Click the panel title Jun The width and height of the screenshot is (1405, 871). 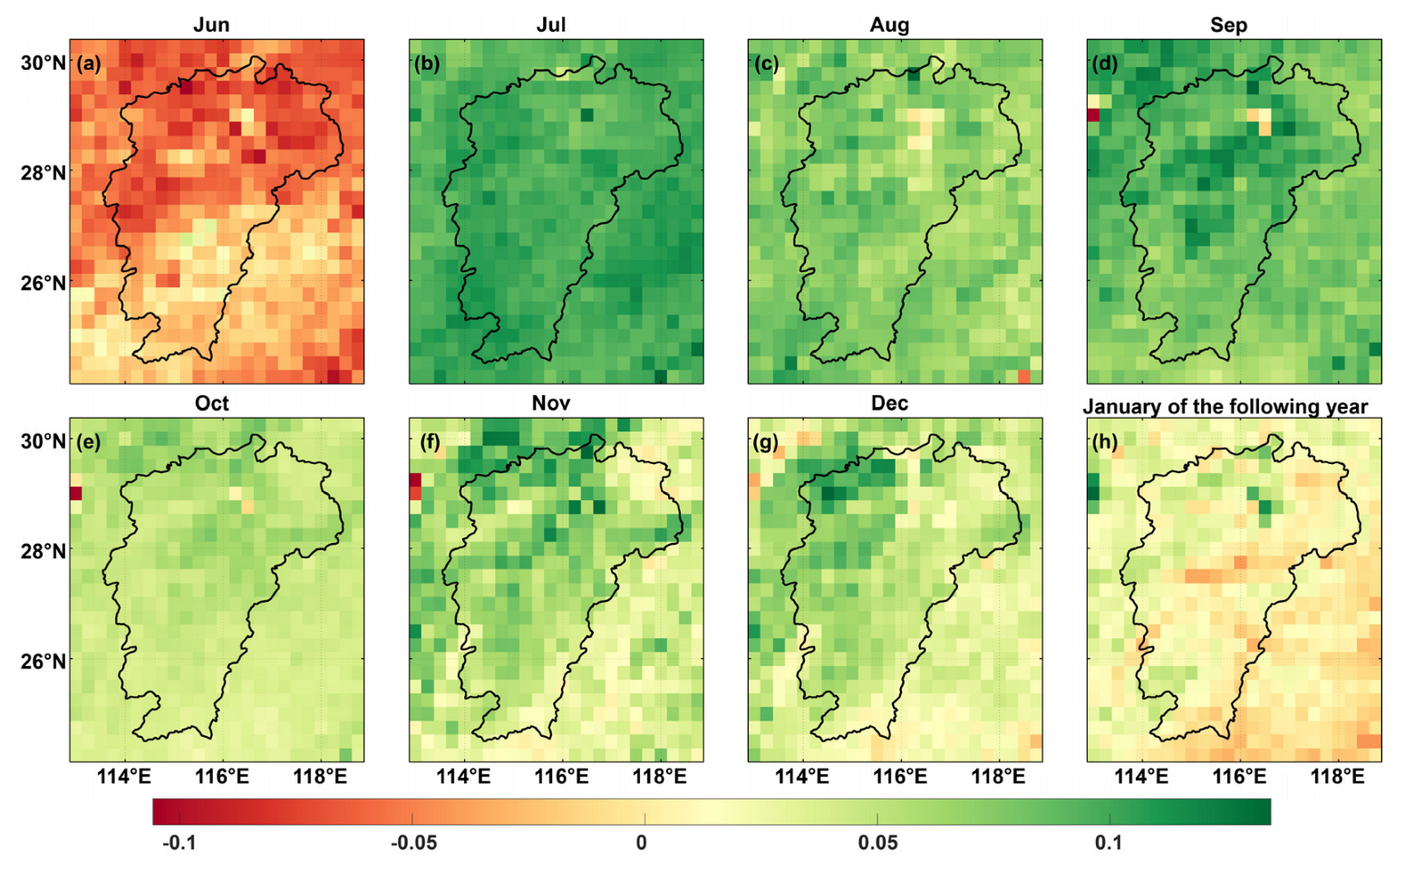coord(211,24)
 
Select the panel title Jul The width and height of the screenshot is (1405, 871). coord(550,24)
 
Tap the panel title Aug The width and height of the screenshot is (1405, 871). coord(889,24)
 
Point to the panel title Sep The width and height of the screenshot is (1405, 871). coord(1228,24)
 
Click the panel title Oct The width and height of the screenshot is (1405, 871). coord(211,403)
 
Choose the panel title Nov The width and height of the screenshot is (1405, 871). coord(550,403)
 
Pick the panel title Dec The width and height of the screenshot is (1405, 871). coord(889,403)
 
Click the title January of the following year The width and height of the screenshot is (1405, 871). coord(1226,406)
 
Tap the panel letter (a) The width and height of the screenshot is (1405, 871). coord(89,63)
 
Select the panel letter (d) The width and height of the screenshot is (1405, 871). coord(1105,63)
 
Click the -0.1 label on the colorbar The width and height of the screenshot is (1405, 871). coord(178,843)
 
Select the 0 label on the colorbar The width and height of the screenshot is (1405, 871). coord(641,843)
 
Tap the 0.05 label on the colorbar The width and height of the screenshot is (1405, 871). coord(877,843)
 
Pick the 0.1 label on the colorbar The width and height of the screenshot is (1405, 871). coord(1108,843)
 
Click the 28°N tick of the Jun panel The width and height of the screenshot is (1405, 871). coord(43,172)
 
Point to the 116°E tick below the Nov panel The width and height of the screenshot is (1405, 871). coord(561,777)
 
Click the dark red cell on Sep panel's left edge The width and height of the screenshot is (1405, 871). coord(1093,115)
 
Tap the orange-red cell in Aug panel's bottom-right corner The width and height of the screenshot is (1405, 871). coord(1023,376)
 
